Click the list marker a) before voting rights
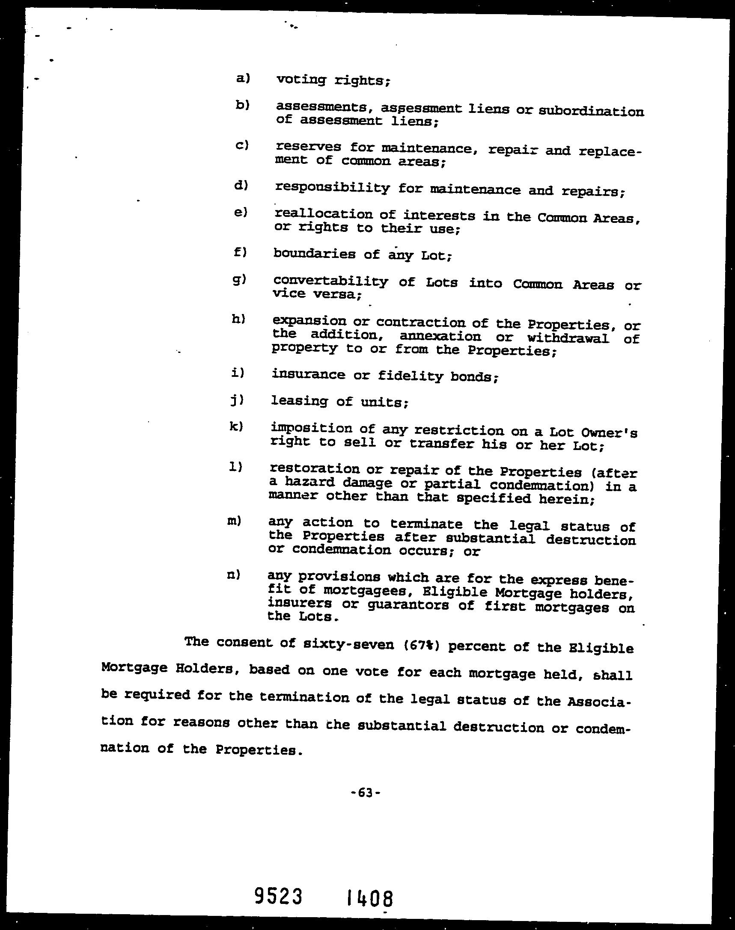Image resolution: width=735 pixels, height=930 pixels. click(243, 78)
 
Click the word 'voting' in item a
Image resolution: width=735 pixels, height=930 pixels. click(301, 80)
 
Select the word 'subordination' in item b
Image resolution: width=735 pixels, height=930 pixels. click(591, 111)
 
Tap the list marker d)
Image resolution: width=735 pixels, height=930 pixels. click(241, 185)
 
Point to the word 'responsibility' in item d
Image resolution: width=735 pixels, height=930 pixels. click(332, 188)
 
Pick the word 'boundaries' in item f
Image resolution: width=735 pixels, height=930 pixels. click(314, 254)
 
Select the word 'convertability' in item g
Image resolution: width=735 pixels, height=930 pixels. click(330, 281)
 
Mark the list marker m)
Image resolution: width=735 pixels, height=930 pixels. click(234, 521)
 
